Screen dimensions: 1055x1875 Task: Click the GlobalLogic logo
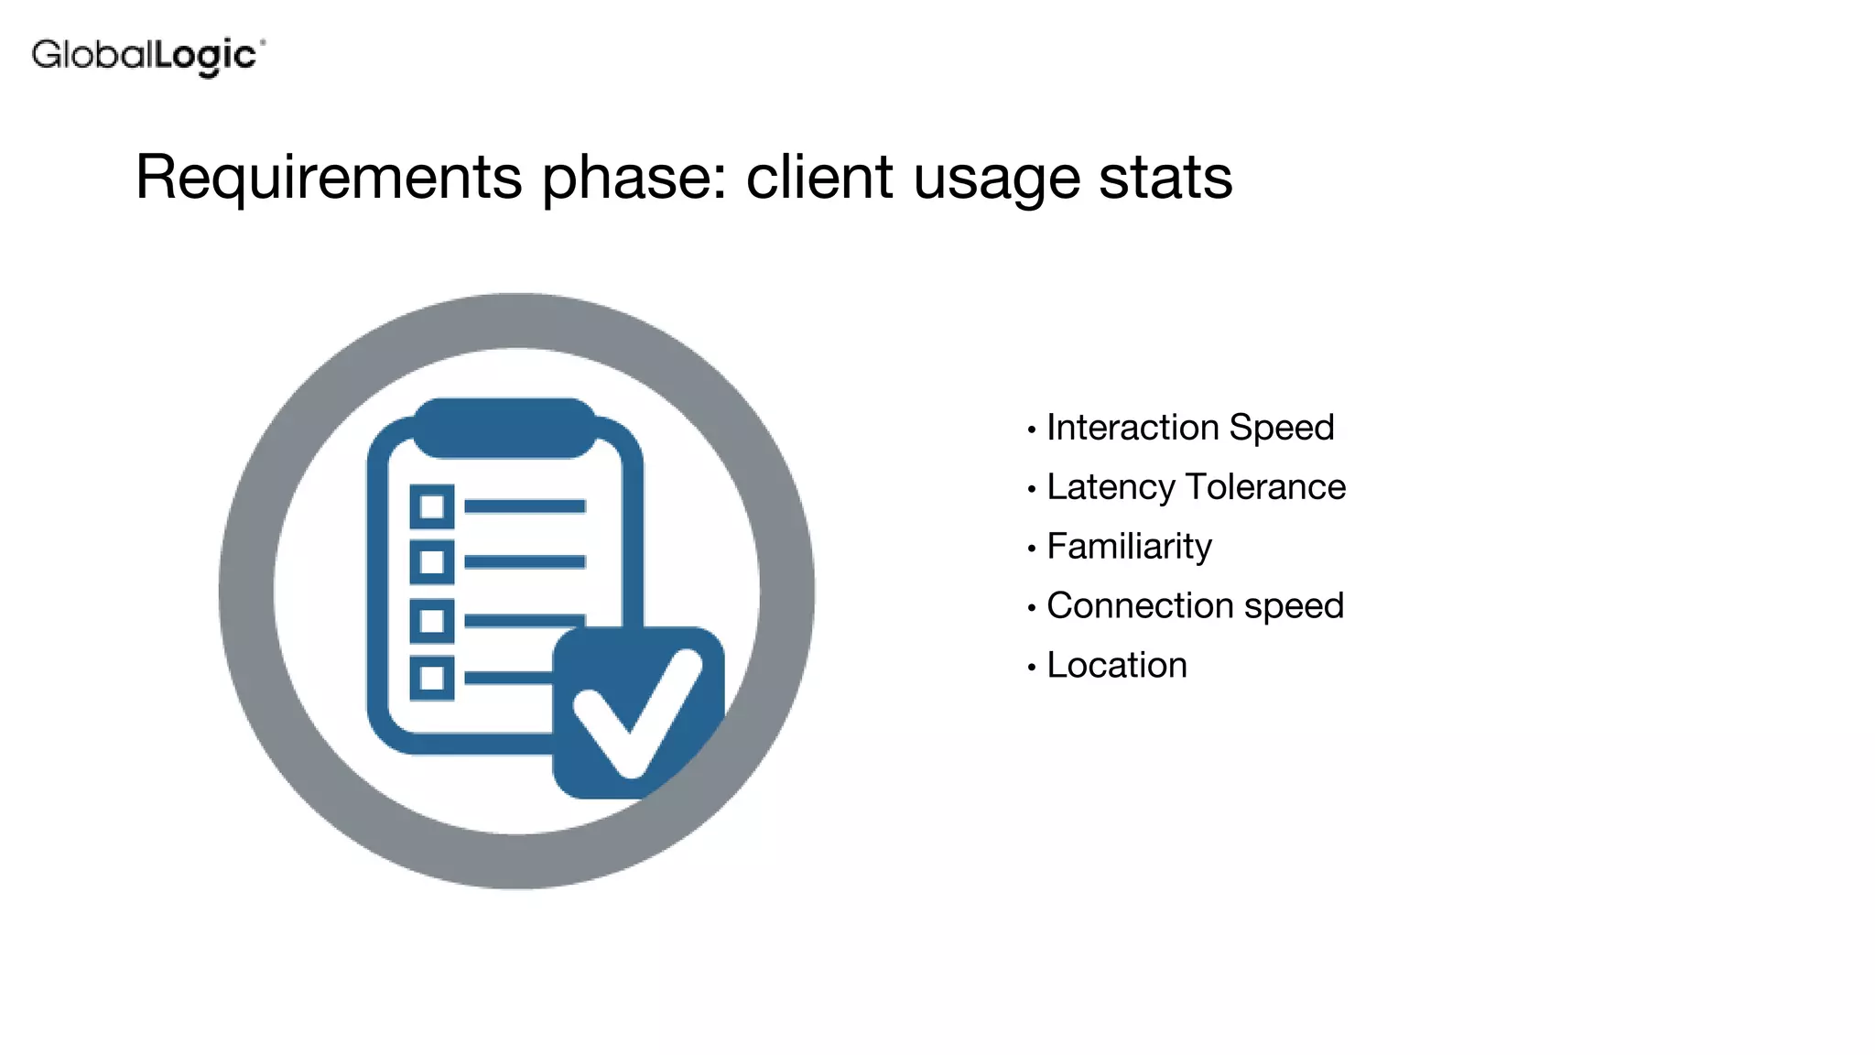tap(147, 56)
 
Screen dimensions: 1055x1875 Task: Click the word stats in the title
tap(1165, 177)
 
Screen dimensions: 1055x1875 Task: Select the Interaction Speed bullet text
tap(1190, 428)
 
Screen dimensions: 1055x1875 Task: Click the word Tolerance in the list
tap(1265, 487)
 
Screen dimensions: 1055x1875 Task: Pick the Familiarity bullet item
tap(1129, 547)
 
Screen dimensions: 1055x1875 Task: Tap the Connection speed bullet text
tap(1195, 606)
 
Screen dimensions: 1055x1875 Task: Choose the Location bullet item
tap(1117, 666)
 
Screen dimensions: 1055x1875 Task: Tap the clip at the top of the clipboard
tap(504, 427)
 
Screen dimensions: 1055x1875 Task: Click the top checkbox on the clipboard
tap(432, 506)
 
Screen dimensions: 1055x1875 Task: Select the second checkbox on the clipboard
tap(432, 562)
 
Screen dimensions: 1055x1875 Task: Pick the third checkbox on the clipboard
tap(432, 621)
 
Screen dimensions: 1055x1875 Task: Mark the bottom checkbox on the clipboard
tap(432, 679)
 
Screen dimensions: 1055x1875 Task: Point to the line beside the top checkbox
tap(525, 506)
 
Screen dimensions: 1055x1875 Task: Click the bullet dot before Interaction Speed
tap(1032, 430)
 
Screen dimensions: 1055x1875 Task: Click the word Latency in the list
tap(1110, 487)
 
